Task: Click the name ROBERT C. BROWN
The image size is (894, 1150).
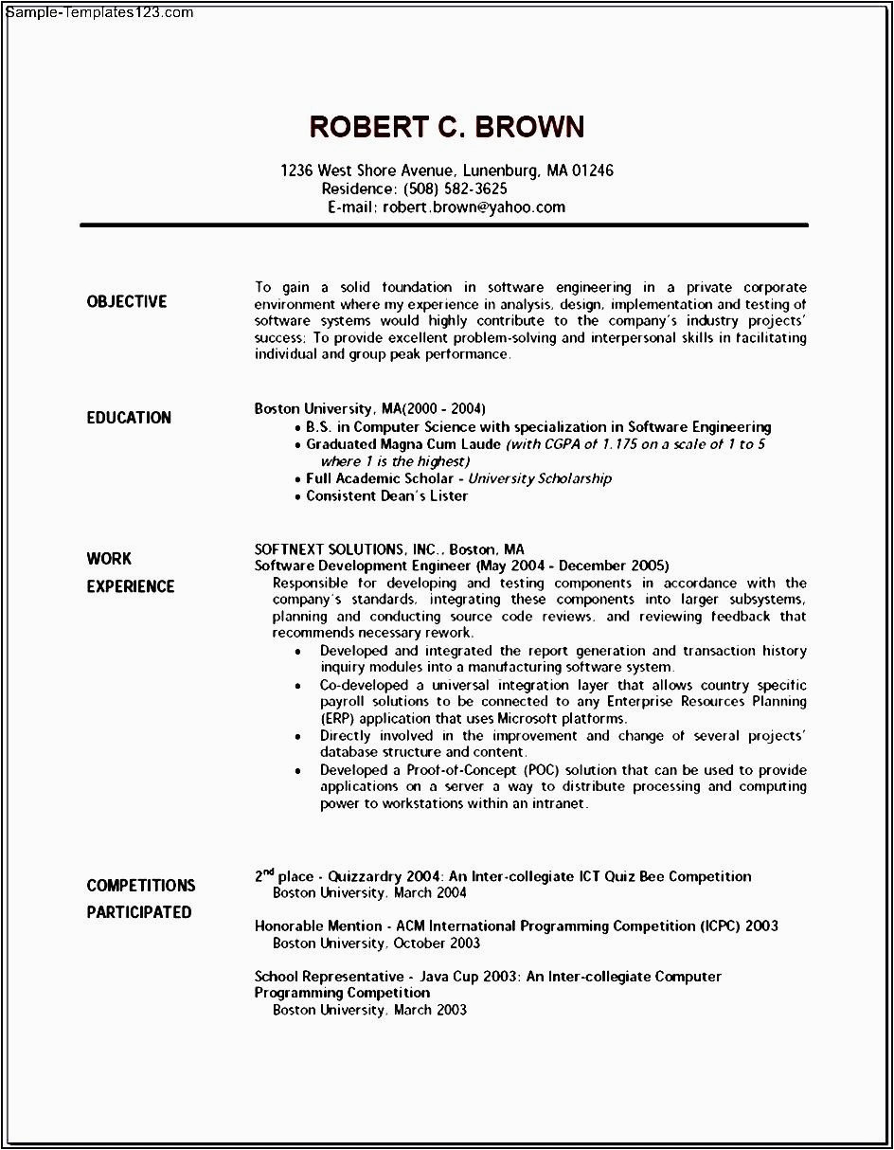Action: pos(447,127)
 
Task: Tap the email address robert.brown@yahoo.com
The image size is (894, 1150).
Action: pos(474,207)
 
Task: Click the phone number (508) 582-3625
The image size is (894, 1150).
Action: pos(456,189)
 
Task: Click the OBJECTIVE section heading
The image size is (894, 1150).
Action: pos(126,301)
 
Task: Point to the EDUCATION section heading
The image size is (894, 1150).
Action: pos(129,418)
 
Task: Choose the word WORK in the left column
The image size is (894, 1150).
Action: pos(109,559)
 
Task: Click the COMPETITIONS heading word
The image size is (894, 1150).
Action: pos(140,886)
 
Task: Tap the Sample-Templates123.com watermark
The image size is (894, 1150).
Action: pos(97,12)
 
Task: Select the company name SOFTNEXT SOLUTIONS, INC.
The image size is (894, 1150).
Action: pos(348,549)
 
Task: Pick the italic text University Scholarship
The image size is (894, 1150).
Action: pos(540,478)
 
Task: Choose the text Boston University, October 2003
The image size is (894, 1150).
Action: pos(376,943)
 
